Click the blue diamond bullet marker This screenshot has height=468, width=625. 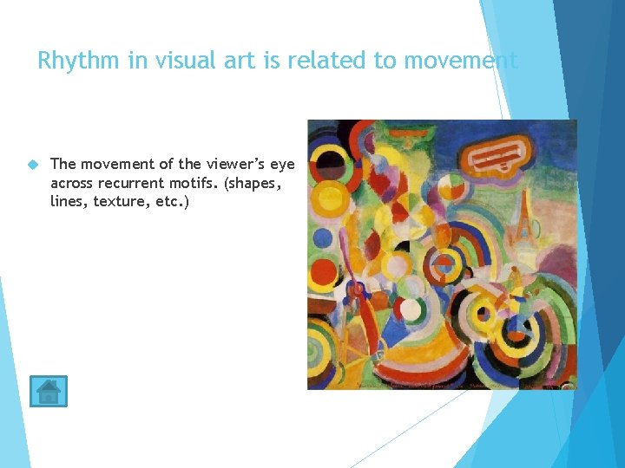[33, 164]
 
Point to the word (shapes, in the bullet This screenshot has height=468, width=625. [262, 183]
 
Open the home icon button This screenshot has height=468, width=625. [48, 392]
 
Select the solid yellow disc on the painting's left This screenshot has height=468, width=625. [328, 200]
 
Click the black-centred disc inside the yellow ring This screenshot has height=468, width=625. [332, 161]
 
